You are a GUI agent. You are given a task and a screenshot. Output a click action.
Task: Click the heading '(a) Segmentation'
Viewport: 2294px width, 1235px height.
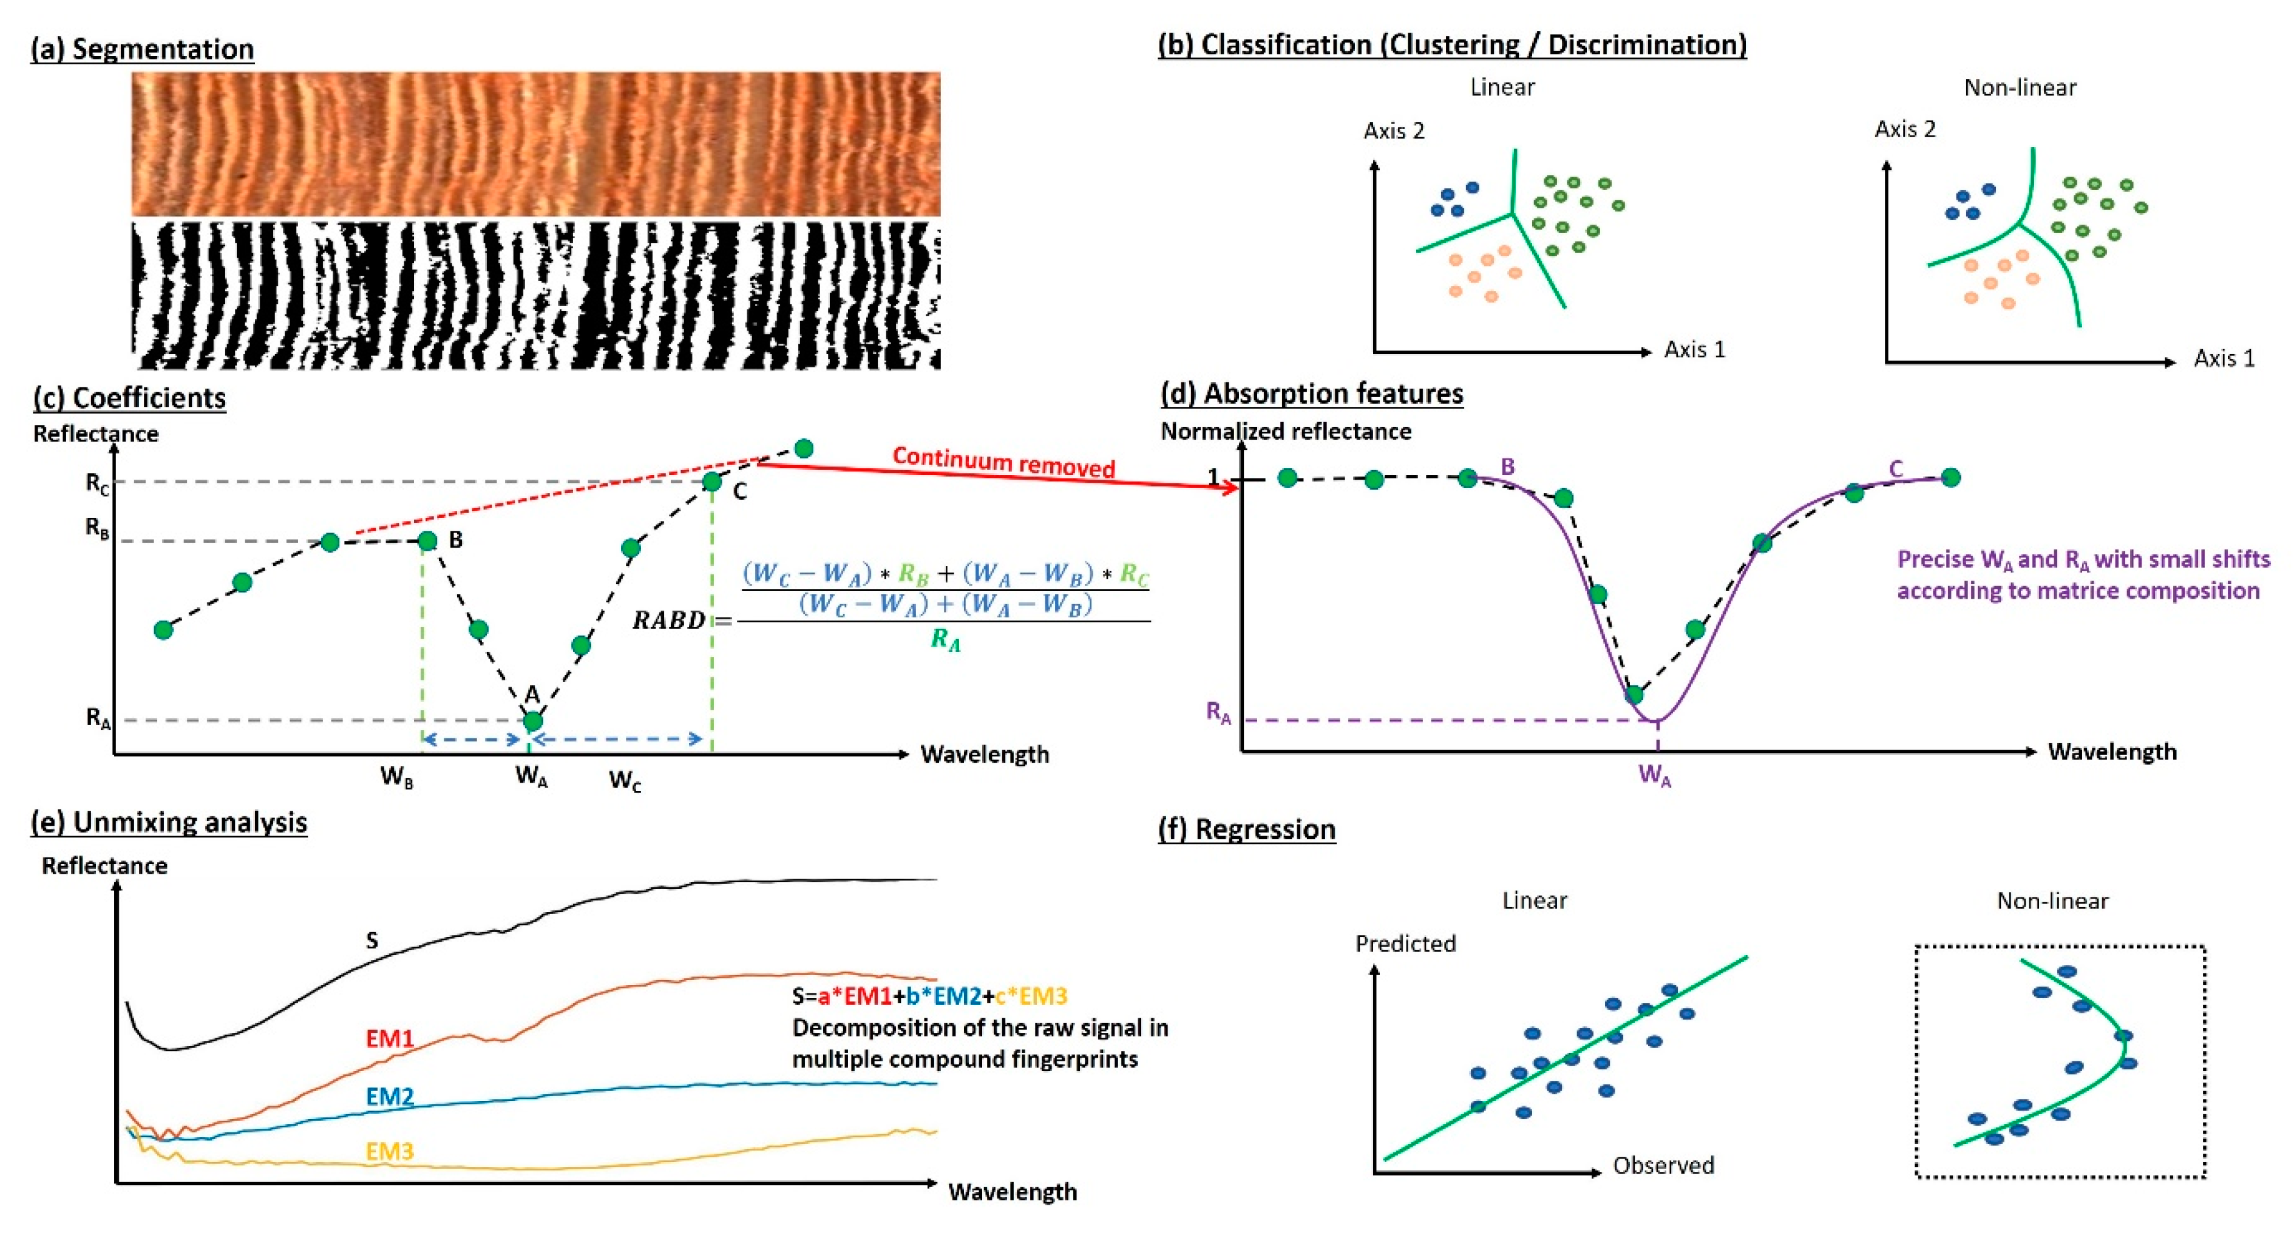point(143,49)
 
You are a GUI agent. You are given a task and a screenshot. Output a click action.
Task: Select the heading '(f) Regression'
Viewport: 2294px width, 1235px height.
point(1247,829)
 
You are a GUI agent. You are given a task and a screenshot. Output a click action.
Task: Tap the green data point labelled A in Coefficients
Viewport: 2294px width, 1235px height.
point(532,720)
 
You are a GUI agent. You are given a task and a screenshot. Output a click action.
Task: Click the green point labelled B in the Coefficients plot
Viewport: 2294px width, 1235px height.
point(427,540)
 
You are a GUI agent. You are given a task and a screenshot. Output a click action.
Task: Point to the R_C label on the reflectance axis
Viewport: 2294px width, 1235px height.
point(97,483)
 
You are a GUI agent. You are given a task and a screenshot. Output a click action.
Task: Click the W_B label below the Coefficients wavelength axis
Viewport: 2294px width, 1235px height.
point(396,777)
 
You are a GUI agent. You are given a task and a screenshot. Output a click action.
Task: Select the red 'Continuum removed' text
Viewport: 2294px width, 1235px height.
point(1003,462)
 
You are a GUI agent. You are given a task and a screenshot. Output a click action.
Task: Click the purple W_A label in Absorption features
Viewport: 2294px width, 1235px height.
point(1655,775)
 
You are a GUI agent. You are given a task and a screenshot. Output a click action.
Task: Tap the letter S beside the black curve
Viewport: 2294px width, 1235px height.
point(372,941)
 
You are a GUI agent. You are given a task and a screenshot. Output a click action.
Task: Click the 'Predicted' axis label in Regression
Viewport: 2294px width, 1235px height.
point(1405,944)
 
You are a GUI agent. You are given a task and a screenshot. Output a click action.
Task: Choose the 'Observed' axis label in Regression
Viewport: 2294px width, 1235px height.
point(1663,1166)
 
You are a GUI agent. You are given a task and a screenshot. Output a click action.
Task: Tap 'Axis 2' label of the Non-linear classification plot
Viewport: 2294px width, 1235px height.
point(1905,129)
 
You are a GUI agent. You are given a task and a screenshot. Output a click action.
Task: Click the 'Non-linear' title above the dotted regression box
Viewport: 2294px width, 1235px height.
point(2052,901)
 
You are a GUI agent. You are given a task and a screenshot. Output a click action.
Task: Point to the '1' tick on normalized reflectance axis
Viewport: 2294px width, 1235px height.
point(1213,478)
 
